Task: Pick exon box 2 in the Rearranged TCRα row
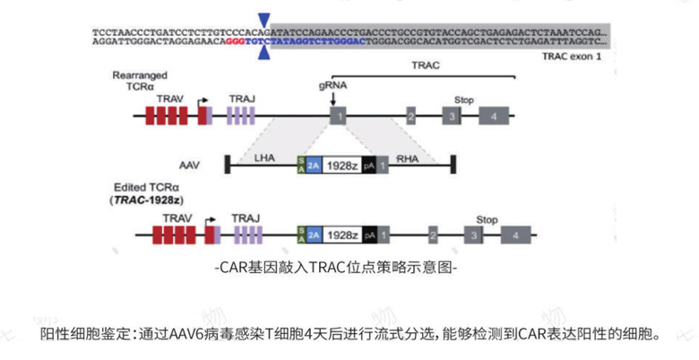pyautogui.click(x=410, y=116)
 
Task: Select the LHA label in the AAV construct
pyautogui.click(x=263, y=156)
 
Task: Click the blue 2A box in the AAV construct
pyautogui.click(x=314, y=166)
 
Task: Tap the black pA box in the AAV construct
pyautogui.click(x=368, y=166)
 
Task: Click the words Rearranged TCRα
pyautogui.click(x=136, y=81)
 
